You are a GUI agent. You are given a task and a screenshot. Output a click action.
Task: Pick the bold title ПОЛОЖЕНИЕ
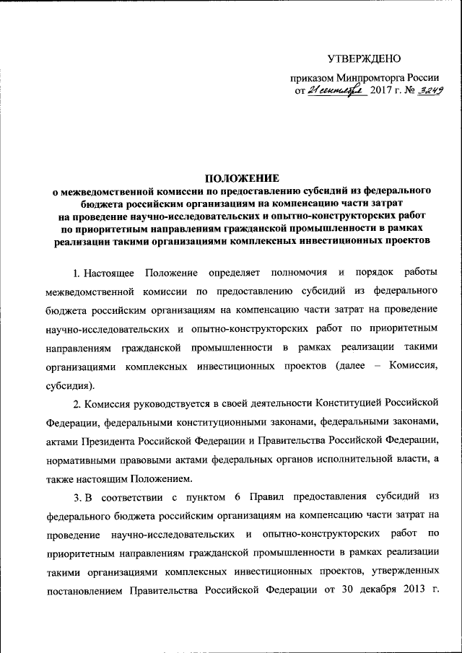[x=242, y=178]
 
